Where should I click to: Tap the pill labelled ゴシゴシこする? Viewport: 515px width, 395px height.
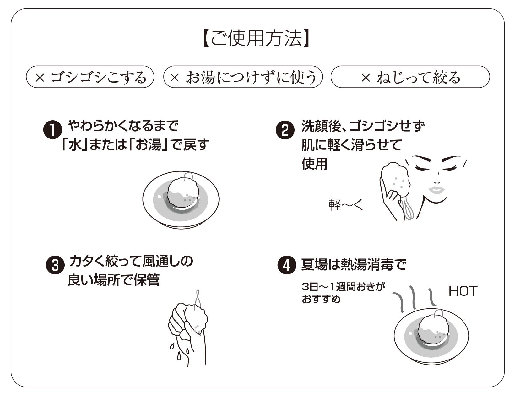pyautogui.click(x=90, y=77)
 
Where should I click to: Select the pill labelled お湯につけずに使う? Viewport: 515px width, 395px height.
pyautogui.click(x=243, y=77)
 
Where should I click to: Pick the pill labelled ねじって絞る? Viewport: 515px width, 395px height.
pyautogui.click(x=410, y=77)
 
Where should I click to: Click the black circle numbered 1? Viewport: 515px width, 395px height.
pyautogui.click(x=52, y=130)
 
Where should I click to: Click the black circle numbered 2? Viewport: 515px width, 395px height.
pyautogui.click(x=285, y=130)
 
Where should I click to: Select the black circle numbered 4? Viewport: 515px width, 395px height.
pyautogui.click(x=287, y=265)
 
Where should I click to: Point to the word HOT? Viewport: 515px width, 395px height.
pyautogui.click(x=463, y=291)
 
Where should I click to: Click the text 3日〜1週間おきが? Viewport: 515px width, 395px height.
pyautogui.click(x=343, y=287)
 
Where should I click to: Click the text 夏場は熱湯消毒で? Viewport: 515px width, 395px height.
pyautogui.click(x=354, y=265)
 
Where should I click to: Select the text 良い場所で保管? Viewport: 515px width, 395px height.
pyautogui.click(x=114, y=280)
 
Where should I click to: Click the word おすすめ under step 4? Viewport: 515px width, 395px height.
pyautogui.click(x=321, y=299)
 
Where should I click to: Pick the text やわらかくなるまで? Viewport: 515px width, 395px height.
pyautogui.click(x=123, y=126)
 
